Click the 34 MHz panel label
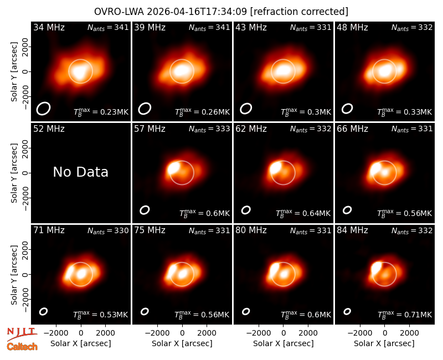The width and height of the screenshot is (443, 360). (x=49, y=27)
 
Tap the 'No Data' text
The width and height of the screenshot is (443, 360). (x=80, y=172)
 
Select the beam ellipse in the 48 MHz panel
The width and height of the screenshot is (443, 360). (x=347, y=109)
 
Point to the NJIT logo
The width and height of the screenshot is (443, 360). (x=22, y=335)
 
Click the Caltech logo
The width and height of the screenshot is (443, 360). (x=22, y=347)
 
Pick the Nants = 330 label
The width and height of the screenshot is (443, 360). (x=108, y=231)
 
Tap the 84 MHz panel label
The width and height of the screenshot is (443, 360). (x=352, y=230)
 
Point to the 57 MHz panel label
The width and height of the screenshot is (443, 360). (x=150, y=129)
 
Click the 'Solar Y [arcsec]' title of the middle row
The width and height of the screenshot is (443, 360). (x=14, y=173)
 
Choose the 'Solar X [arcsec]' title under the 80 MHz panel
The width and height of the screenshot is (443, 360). (x=283, y=343)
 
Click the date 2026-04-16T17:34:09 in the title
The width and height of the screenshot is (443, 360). (x=197, y=12)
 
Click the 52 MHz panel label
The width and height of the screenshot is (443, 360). (x=49, y=129)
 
